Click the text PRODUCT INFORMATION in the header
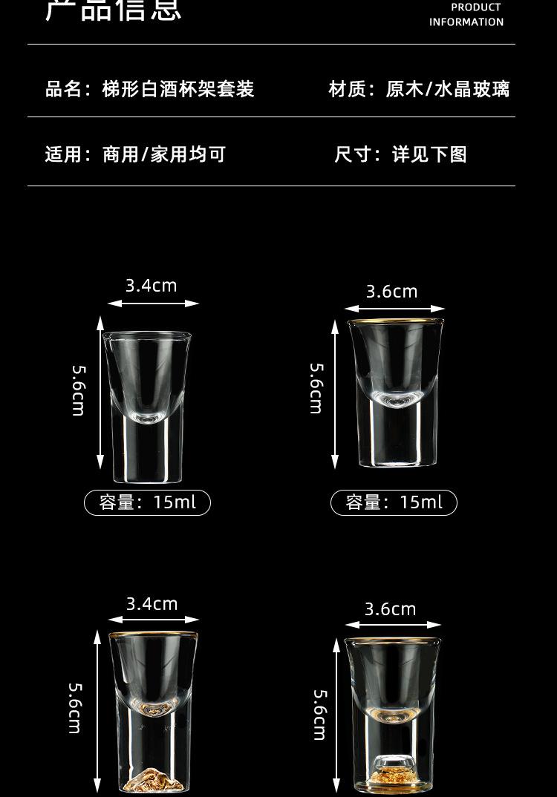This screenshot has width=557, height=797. (x=466, y=15)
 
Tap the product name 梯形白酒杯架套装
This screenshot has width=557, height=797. (x=178, y=90)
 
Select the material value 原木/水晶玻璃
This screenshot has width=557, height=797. (x=448, y=90)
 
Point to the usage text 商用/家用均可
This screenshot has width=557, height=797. (x=164, y=154)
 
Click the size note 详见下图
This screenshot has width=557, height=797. (x=429, y=154)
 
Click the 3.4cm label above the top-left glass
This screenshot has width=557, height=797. (x=152, y=286)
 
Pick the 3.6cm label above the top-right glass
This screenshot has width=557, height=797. (x=392, y=292)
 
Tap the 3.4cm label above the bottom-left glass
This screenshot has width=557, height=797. (x=152, y=604)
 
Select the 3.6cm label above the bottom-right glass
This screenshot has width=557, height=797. (x=391, y=609)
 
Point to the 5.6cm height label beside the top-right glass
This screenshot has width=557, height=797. (x=316, y=388)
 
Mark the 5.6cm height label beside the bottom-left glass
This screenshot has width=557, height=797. (x=75, y=708)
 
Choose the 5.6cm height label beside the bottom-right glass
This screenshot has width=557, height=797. (x=320, y=715)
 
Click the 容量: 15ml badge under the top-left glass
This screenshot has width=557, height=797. (x=147, y=502)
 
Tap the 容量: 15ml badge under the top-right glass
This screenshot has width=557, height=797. (x=394, y=502)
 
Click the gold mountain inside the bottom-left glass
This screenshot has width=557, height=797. (x=153, y=777)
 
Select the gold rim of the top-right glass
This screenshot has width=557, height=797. (x=395, y=321)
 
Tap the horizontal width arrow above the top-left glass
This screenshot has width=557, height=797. (x=153, y=304)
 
